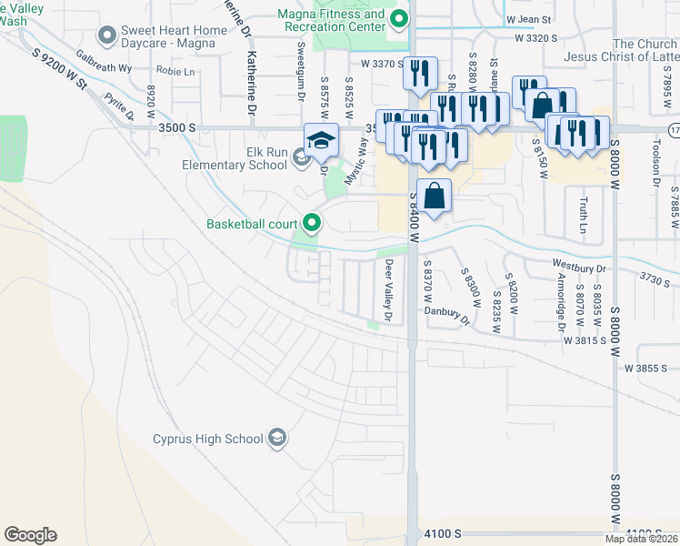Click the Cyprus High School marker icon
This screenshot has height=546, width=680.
pos(277,439)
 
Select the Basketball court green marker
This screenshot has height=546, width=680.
pos(313,223)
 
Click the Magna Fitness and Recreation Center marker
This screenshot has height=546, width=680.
pos(398,19)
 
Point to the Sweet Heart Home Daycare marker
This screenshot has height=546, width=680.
pos(107,36)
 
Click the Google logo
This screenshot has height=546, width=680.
pos(30,535)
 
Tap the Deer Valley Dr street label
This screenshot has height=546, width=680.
pos(389,290)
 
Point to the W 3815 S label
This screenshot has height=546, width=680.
pos(585,339)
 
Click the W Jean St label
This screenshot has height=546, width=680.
pos(529,19)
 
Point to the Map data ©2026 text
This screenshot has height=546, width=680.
pos(642,539)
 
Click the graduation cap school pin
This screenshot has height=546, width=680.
pos(321,141)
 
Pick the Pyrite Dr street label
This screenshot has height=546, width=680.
pos(119,106)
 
